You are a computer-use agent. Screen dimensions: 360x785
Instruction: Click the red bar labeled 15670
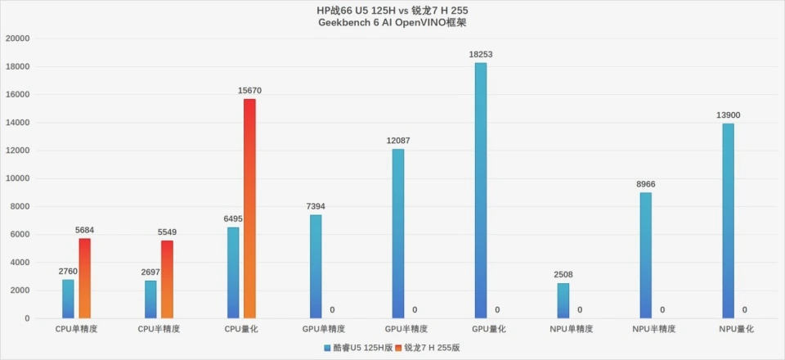tap(249, 208)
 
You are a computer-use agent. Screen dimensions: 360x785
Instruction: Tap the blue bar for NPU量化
tap(728, 220)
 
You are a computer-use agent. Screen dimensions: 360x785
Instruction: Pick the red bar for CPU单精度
tap(84, 277)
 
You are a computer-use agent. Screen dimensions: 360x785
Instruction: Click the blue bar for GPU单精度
tap(315, 266)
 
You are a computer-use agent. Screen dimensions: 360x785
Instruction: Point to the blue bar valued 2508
tap(563, 300)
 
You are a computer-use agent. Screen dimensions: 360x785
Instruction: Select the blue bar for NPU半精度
tap(645, 254)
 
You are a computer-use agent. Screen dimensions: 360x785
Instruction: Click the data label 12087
tap(398, 141)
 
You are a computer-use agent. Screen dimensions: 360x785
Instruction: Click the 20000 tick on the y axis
tap(17, 38)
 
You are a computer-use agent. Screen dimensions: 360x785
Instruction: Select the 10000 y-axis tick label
tap(17, 178)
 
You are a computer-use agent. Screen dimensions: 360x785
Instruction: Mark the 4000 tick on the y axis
tap(20, 263)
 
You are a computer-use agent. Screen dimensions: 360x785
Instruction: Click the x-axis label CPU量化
tap(241, 329)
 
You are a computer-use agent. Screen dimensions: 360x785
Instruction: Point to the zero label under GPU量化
tap(498, 310)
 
